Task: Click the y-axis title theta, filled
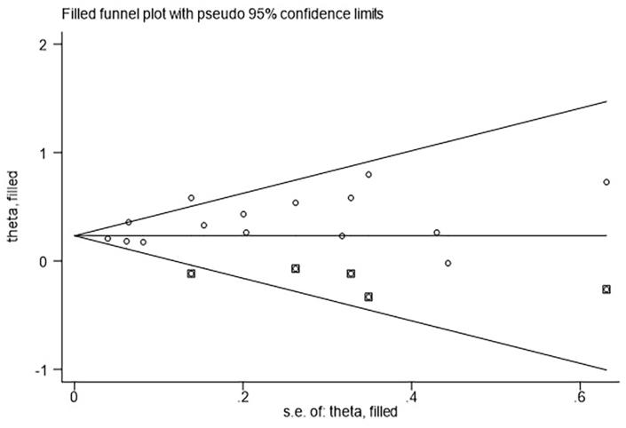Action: click(x=12, y=206)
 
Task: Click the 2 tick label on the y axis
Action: click(x=55, y=44)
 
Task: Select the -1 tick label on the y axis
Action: click(x=52, y=369)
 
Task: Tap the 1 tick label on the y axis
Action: click(x=55, y=153)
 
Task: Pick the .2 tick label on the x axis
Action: click(x=242, y=394)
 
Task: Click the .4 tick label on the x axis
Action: click(x=410, y=394)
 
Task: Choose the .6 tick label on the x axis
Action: click(x=579, y=394)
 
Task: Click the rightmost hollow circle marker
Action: click(x=606, y=182)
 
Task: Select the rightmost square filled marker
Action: click(x=606, y=289)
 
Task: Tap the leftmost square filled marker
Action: click(x=191, y=273)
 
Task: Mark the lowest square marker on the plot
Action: click(x=368, y=297)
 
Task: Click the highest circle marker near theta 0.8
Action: click(x=368, y=174)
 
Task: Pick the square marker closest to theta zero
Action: click(x=296, y=268)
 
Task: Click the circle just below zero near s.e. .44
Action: click(x=448, y=263)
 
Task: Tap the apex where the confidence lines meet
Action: click(x=75, y=235)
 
